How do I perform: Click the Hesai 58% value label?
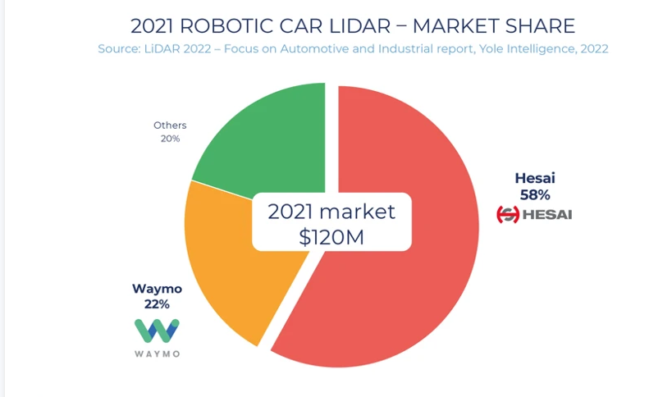tap(534, 194)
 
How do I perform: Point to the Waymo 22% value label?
tap(157, 304)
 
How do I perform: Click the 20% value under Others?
tap(170, 139)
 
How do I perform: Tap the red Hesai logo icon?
tap(508, 215)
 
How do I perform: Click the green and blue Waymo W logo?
tap(157, 330)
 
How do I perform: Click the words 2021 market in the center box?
tap(331, 211)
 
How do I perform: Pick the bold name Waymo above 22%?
tap(157, 289)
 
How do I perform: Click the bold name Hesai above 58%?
tap(534, 178)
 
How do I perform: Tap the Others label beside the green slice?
tap(170, 125)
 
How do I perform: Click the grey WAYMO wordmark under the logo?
tap(157, 354)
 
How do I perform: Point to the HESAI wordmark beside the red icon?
tap(547, 215)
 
